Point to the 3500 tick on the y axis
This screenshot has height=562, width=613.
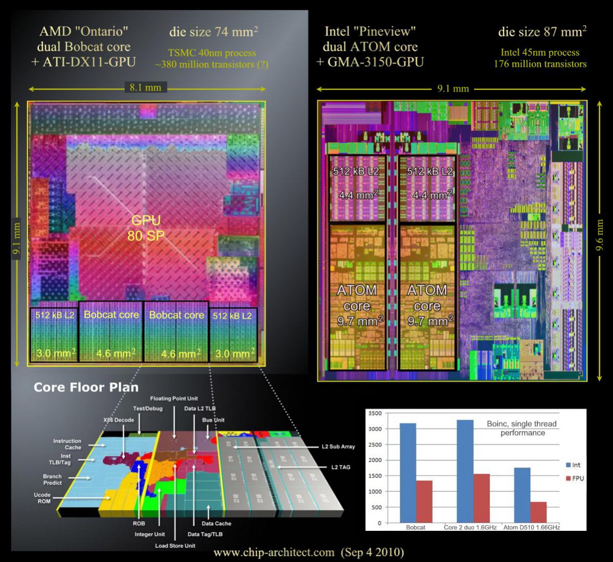(375, 413)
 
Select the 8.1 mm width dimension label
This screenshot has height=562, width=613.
(145, 88)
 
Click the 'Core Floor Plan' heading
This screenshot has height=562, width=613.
(86, 387)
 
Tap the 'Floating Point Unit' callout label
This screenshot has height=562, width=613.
(174, 398)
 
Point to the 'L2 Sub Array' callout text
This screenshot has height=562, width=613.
(338, 446)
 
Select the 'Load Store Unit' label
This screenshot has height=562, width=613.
(175, 546)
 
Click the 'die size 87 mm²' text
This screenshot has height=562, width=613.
(542, 32)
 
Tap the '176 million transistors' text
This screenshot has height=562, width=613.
(540, 64)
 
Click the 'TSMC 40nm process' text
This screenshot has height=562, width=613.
(212, 53)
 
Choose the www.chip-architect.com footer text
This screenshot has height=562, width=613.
(308, 553)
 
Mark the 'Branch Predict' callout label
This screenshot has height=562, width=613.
(52, 480)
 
